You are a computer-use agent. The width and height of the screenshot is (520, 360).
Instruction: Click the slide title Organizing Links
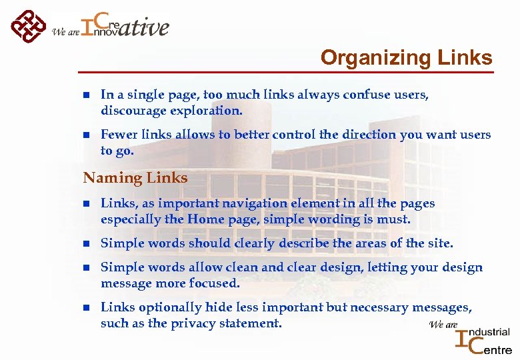(406, 58)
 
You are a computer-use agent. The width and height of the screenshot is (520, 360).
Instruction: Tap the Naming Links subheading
(135, 178)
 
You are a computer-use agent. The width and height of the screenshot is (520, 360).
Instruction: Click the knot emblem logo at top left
(29, 26)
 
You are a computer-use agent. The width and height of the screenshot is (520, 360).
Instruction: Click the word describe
(305, 243)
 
